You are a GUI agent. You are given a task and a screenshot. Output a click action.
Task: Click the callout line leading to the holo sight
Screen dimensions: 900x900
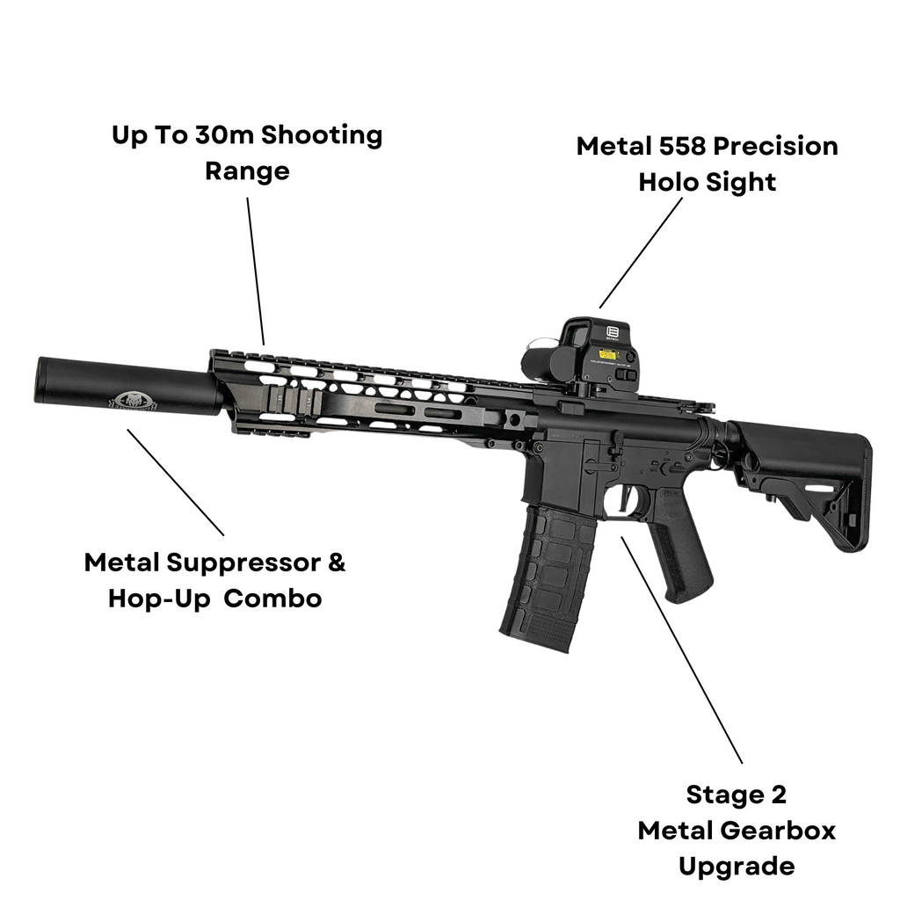(x=641, y=252)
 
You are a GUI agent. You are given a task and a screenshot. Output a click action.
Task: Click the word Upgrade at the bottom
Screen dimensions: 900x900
(x=736, y=866)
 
